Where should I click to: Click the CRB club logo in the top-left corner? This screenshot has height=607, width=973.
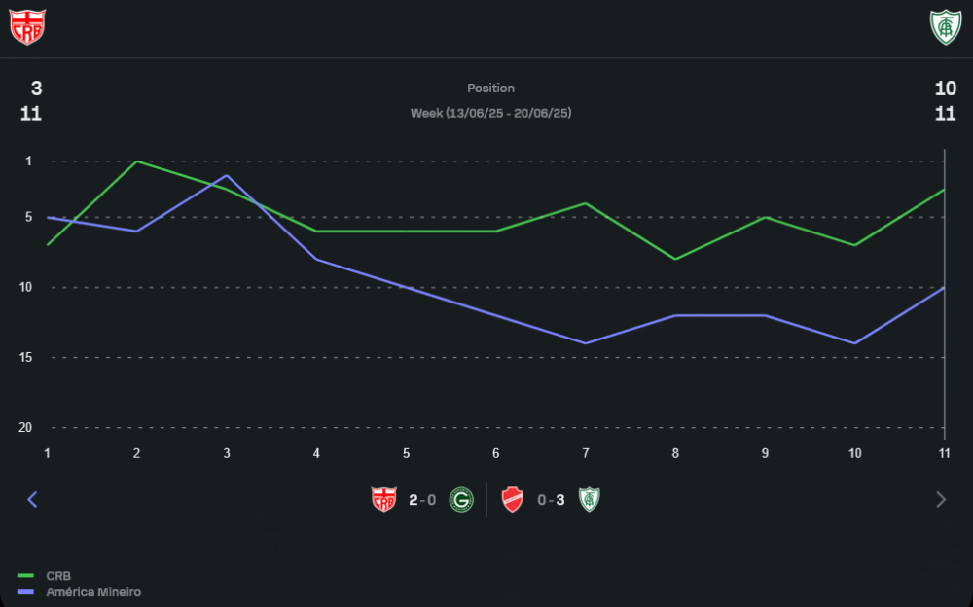pyautogui.click(x=27, y=27)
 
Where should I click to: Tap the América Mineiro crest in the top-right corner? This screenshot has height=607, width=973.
pyautogui.click(x=944, y=27)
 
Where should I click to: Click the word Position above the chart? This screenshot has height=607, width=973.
pyautogui.click(x=490, y=89)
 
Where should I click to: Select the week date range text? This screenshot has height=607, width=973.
pyautogui.click(x=490, y=113)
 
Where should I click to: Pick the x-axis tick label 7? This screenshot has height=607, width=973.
pyautogui.click(x=586, y=453)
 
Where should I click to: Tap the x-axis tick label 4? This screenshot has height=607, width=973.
pyautogui.click(x=316, y=453)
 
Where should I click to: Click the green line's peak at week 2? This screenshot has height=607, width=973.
pyautogui.click(x=137, y=161)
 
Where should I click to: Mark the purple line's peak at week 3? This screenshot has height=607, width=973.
pyautogui.click(x=227, y=176)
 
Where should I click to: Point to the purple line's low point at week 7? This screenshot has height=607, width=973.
pyautogui.click(x=586, y=343)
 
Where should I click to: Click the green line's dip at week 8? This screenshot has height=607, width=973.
pyautogui.click(x=675, y=259)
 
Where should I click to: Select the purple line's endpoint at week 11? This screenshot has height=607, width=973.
pyautogui.click(x=944, y=287)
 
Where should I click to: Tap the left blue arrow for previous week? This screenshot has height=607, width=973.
pyautogui.click(x=32, y=499)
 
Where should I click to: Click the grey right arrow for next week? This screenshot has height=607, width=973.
pyautogui.click(x=940, y=499)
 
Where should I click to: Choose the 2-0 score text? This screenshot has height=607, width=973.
pyautogui.click(x=422, y=500)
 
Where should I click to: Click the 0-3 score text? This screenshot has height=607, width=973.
pyautogui.click(x=551, y=500)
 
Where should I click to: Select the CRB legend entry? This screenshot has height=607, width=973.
pyautogui.click(x=57, y=576)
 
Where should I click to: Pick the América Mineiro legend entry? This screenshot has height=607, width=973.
pyautogui.click(x=93, y=591)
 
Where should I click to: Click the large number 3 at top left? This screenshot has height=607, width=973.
pyautogui.click(x=36, y=89)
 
